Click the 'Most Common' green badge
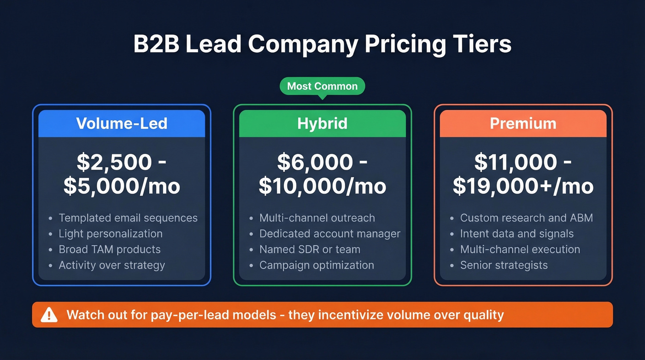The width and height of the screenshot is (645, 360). click(322, 86)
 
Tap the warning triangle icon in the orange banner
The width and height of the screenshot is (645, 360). click(49, 315)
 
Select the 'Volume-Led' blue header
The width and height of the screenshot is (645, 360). click(122, 124)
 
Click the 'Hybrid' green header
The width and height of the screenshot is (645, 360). click(322, 124)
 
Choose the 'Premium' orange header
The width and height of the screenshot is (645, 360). click(523, 124)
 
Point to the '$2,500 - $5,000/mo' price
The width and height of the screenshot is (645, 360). click(122, 174)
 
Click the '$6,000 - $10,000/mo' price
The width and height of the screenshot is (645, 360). click(322, 174)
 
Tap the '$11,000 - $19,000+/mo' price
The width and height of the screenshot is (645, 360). click(523, 174)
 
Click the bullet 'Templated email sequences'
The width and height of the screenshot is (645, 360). click(128, 218)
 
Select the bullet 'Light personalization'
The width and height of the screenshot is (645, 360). click(111, 234)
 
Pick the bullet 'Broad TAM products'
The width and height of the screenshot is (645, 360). click(110, 249)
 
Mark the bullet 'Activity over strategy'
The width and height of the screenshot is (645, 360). click(111, 265)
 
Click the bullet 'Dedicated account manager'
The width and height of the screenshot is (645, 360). click(329, 234)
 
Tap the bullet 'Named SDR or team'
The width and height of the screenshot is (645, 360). click(310, 249)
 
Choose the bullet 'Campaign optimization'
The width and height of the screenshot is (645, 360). click(317, 265)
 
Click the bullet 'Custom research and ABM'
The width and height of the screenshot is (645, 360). click(526, 218)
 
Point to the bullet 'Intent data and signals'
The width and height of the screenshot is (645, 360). click(516, 234)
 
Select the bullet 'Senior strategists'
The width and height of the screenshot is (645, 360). click(504, 265)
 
